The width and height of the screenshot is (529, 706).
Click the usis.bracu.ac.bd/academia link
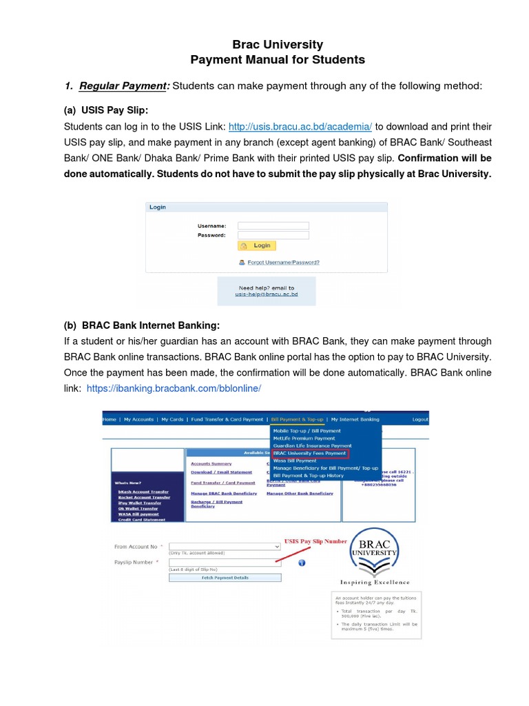point(300,126)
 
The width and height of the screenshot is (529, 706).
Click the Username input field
point(273,225)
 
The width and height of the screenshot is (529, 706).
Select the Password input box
point(273,235)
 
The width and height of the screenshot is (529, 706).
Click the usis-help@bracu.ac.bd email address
point(267,294)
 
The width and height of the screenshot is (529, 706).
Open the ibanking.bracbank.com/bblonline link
point(174,389)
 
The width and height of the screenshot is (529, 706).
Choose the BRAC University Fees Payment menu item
point(310,454)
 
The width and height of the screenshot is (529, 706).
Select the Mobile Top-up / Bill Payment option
point(307,431)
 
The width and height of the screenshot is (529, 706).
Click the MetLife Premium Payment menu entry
point(304,438)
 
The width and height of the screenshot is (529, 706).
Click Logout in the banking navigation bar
point(419,419)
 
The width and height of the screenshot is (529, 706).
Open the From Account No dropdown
point(224,546)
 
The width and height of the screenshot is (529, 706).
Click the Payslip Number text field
point(224,563)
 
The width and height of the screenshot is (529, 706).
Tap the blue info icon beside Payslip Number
point(302,563)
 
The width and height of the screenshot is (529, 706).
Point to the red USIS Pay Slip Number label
point(315,542)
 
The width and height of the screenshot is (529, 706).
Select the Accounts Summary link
point(211,464)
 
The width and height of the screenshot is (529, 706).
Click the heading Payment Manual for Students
point(277,60)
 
